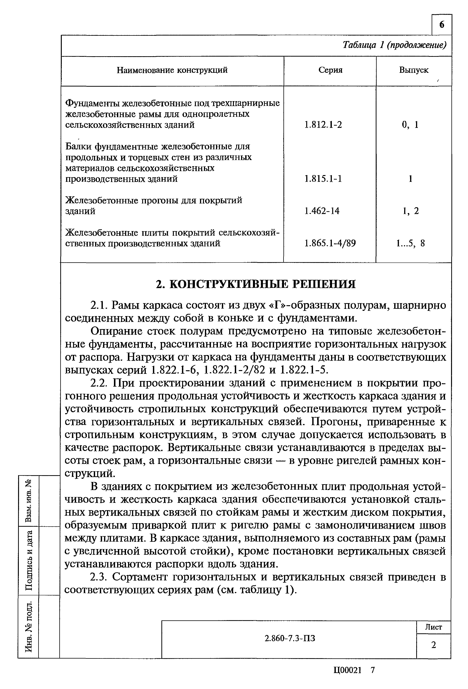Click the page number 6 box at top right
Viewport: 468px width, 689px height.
[x=442, y=25]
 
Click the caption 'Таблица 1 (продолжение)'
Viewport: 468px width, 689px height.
[x=394, y=45]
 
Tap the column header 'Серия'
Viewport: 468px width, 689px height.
[x=330, y=70]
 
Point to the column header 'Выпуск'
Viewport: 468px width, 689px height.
[x=414, y=70]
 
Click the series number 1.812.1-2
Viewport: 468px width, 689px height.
[x=323, y=125]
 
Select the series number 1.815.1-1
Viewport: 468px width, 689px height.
[x=323, y=179]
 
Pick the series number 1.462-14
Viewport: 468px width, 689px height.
[x=322, y=211]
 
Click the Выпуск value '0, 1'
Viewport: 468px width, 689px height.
[x=410, y=125]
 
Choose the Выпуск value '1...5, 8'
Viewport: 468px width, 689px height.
[x=410, y=243]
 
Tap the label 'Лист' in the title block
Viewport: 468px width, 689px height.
[x=433, y=627]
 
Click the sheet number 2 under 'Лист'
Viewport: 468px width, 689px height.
[x=433, y=645]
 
